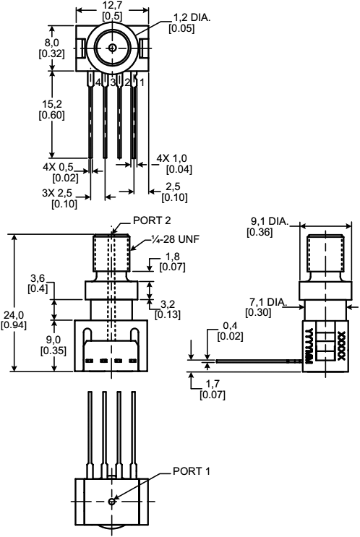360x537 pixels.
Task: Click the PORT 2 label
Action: coord(153,221)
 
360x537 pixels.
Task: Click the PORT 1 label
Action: coord(192,471)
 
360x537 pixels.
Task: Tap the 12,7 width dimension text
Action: coord(112,6)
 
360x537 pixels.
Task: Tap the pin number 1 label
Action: coord(142,82)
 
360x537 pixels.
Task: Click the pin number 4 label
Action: coord(98,82)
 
